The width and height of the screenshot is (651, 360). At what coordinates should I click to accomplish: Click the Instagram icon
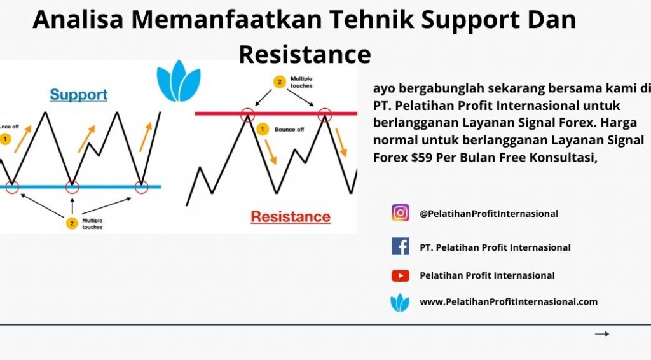click(401, 212)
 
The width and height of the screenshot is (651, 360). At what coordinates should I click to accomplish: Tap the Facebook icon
click(401, 246)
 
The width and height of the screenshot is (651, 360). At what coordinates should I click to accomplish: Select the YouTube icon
click(401, 275)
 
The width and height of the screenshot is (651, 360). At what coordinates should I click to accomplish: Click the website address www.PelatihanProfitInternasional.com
click(509, 302)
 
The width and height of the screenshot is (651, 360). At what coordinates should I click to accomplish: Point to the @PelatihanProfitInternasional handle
click(489, 214)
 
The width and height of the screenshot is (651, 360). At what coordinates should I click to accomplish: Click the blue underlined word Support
click(78, 95)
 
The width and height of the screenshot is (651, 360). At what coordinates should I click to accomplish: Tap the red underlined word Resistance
click(291, 216)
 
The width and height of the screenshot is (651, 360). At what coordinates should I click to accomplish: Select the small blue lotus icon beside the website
click(400, 303)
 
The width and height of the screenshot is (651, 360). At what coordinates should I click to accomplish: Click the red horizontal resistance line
click(276, 113)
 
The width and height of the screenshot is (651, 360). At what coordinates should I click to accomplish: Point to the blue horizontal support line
click(81, 187)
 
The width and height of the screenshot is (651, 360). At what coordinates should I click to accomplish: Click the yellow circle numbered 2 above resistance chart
click(280, 82)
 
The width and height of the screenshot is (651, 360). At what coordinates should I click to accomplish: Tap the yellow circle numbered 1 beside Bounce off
click(263, 129)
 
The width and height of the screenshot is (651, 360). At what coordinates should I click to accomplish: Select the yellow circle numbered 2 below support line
click(72, 223)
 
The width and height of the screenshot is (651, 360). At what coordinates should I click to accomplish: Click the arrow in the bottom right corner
click(602, 334)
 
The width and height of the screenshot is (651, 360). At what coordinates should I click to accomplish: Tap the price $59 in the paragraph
click(422, 158)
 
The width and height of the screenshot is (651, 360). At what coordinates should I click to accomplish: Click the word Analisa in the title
click(78, 20)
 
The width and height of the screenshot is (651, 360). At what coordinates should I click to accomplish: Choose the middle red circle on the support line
click(72, 187)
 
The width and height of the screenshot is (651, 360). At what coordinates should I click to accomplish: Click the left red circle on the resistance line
click(247, 114)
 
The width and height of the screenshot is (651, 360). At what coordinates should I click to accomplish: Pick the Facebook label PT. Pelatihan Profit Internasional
click(495, 247)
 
